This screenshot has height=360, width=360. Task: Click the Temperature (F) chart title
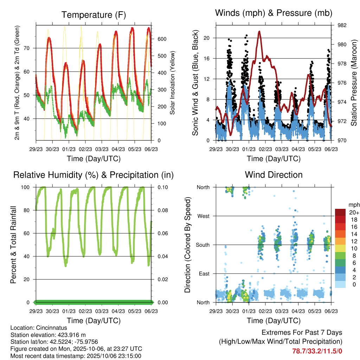point(94,15)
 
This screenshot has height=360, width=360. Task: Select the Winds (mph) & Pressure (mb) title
point(274,13)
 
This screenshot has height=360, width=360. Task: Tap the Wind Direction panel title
point(274,174)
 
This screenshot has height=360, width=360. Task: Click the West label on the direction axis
point(204,216)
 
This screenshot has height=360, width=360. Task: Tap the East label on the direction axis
point(204,274)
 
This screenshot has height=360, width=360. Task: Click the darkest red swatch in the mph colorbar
point(340,212)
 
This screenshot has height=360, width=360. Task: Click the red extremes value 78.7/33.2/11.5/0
point(317,351)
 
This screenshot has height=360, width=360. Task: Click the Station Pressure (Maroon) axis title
point(354,83)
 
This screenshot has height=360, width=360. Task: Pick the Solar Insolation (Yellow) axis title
point(172,83)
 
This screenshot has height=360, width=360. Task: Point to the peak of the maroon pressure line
point(259,31)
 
